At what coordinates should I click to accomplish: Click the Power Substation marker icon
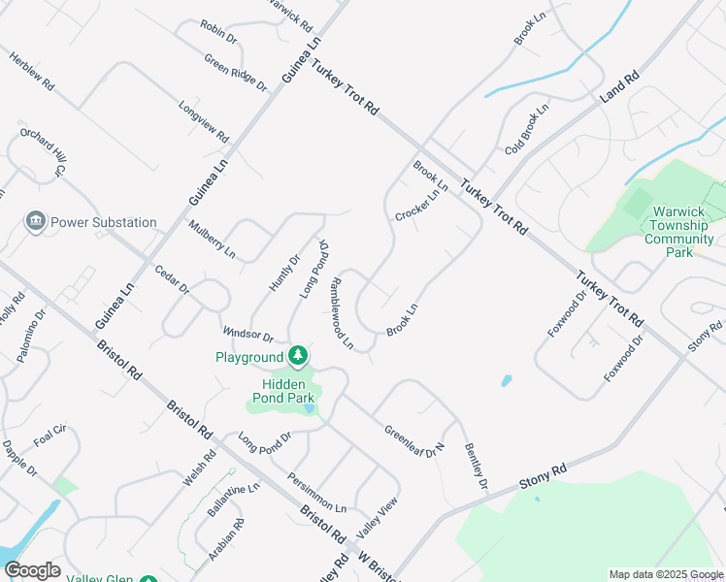(37, 222)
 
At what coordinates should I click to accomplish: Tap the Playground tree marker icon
(299, 357)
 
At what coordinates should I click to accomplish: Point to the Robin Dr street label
(218, 34)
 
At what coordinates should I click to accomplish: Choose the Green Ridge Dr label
(235, 73)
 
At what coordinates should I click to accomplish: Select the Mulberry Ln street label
(213, 239)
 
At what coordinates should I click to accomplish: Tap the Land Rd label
(619, 86)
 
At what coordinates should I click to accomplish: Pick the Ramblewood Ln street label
(340, 314)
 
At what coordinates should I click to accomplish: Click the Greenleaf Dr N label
(413, 439)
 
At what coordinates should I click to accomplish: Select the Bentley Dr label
(475, 465)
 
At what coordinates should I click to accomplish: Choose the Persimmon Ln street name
(316, 493)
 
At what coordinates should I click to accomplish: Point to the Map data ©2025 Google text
(665, 574)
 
